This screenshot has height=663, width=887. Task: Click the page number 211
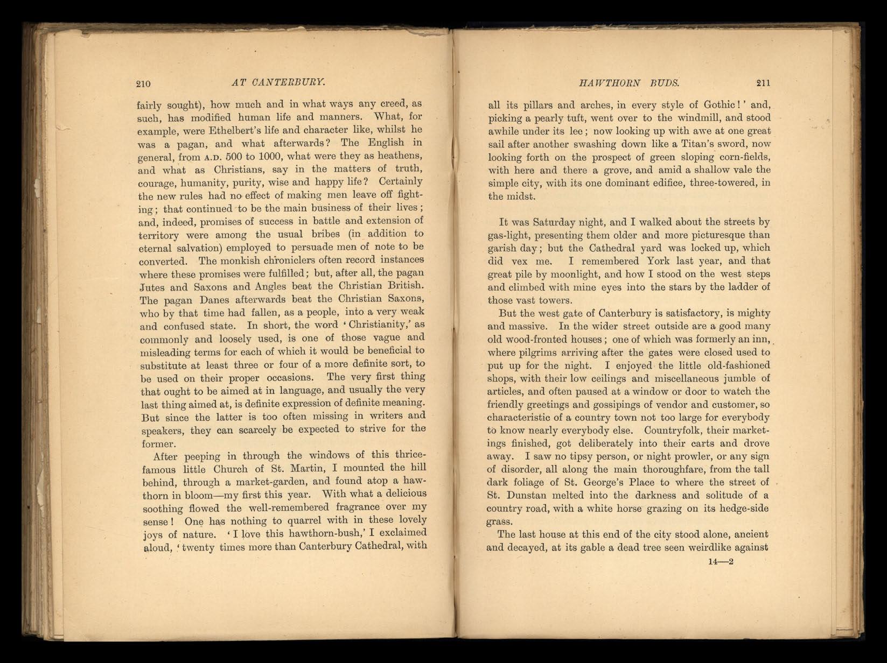point(763,83)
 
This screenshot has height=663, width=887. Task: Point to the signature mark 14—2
point(722,562)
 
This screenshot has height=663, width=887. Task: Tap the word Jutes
point(152,286)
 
